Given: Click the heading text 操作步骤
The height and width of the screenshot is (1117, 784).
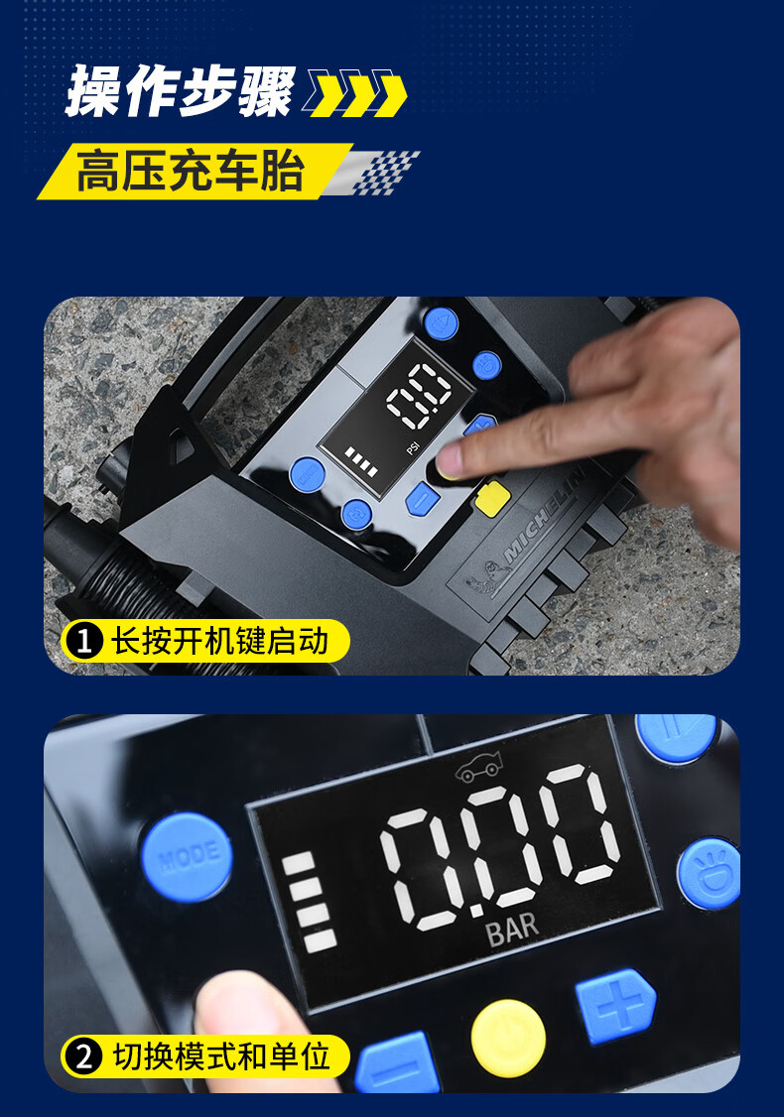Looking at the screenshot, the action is coord(180,90).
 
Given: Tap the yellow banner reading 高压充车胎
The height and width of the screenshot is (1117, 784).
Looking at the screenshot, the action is coord(194,171).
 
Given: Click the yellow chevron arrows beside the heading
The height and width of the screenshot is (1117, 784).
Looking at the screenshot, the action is coord(356,93).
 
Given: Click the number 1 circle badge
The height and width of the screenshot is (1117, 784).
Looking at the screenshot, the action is coord(84,641).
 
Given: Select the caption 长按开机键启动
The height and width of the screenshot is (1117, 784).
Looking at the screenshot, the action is coord(219,641).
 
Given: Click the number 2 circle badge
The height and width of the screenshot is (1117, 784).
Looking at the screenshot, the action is coord(84,1056).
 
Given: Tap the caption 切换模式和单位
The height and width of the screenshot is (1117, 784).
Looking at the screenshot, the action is coord(221,1056).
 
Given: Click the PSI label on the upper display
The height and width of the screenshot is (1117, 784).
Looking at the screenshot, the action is coord(413,448).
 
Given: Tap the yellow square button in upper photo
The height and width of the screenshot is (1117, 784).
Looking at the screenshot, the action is coord(492,498).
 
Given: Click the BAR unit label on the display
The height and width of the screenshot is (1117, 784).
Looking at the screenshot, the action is coord(512,930).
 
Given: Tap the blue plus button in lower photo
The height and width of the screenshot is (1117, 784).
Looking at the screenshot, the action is coord(616,1005).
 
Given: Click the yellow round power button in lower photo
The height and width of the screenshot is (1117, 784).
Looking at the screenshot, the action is coord(508,1038).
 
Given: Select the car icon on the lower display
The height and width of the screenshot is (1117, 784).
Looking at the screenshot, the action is coord(479,767).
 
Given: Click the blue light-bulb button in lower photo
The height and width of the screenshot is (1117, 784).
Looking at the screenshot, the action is coord(710,873).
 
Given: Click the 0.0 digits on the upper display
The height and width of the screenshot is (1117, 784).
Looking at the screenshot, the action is coord(419,396).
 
